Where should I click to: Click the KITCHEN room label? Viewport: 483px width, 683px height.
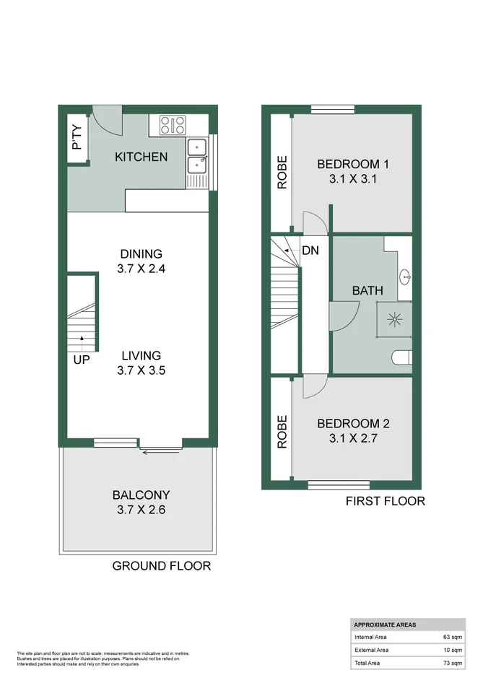142,157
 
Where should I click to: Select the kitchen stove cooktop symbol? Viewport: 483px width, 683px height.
172,125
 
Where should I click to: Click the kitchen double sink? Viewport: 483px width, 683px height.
196,157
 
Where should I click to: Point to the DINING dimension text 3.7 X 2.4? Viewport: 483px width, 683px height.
142,269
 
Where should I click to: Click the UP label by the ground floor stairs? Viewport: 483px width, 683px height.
81,358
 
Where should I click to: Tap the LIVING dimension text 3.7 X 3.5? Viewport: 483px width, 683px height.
142,370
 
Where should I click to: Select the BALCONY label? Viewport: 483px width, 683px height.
142,495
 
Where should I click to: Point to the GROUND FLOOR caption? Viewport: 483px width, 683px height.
162,565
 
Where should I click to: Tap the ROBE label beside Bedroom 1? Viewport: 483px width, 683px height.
282,173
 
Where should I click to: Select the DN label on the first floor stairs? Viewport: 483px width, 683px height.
310,251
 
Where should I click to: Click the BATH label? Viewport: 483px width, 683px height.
367,290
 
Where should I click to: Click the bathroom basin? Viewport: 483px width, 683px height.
404,276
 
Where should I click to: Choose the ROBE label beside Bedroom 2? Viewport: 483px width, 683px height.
282,431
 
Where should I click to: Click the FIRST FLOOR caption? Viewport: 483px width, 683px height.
385,501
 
